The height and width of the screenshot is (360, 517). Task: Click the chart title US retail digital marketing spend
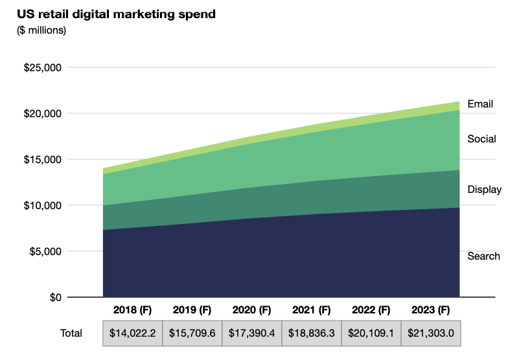click(x=116, y=14)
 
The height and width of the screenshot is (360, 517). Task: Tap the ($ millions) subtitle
click(x=41, y=30)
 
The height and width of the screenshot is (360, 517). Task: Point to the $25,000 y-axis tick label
click(x=42, y=67)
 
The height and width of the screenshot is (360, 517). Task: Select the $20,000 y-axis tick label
click(x=42, y=113)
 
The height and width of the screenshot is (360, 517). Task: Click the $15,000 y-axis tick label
click(x=42, y=159)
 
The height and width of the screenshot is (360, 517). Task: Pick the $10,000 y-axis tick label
click(x=42, y=205)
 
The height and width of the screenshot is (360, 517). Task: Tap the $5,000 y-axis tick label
click(x=45, y=251)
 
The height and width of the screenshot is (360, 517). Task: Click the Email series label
click(x=480, y=104)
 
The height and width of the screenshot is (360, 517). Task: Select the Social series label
click(x=481, y=139)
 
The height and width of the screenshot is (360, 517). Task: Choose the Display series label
click(x=485, y=190)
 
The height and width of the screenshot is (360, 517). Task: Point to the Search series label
click(x=483, y=256)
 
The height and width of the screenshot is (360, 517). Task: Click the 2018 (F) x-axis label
click(x=132, y=309)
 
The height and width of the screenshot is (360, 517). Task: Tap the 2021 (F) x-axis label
click(x=311, y=309)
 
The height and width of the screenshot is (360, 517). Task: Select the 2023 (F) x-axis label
click(x=430, y=309)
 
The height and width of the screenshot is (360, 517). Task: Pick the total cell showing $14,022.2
click(x=132, y=333)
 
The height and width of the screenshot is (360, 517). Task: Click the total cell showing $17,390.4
click(x=251, y=333)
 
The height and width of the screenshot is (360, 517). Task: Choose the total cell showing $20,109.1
click(x=371, y=333)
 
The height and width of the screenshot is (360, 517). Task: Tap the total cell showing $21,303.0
click(x=430, y=333)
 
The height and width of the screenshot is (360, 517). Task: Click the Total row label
click(x=71, y=333)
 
